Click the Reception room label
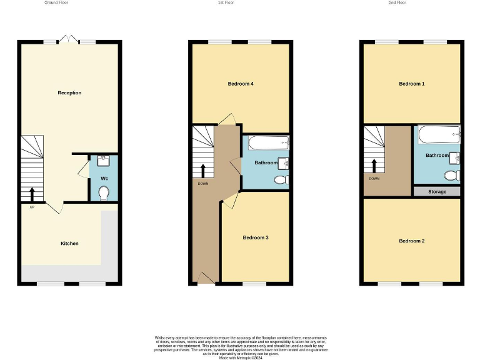(x=69, y=93)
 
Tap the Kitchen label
(x=69, y=243)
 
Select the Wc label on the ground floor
(x=103, y=177)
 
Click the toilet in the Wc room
(x=104, y=192)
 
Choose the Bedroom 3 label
(x=256, y=237)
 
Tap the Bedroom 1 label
(x=412, y=84)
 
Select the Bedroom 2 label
(x=412, y=241)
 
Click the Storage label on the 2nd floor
(x=437, y=192)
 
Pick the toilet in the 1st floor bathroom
(x=281, y=181)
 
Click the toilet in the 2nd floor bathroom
(x=452, y=174)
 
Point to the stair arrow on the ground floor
(x=32, y=192)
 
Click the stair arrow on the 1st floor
(x=202, y=170)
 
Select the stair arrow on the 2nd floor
(x=374, y=165)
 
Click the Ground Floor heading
(x=56, y=2)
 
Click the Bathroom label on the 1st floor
(x=266, y=162)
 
